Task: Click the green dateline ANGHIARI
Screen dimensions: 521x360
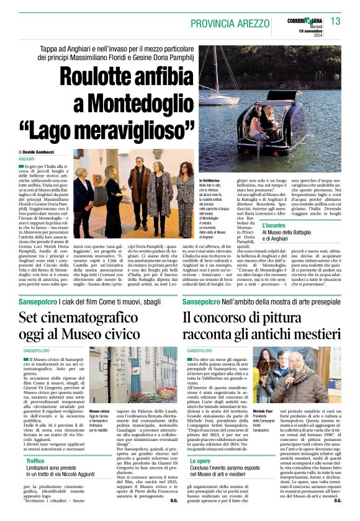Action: click(x=27, y=159)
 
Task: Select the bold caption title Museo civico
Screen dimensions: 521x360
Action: click(x=99, y=411)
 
